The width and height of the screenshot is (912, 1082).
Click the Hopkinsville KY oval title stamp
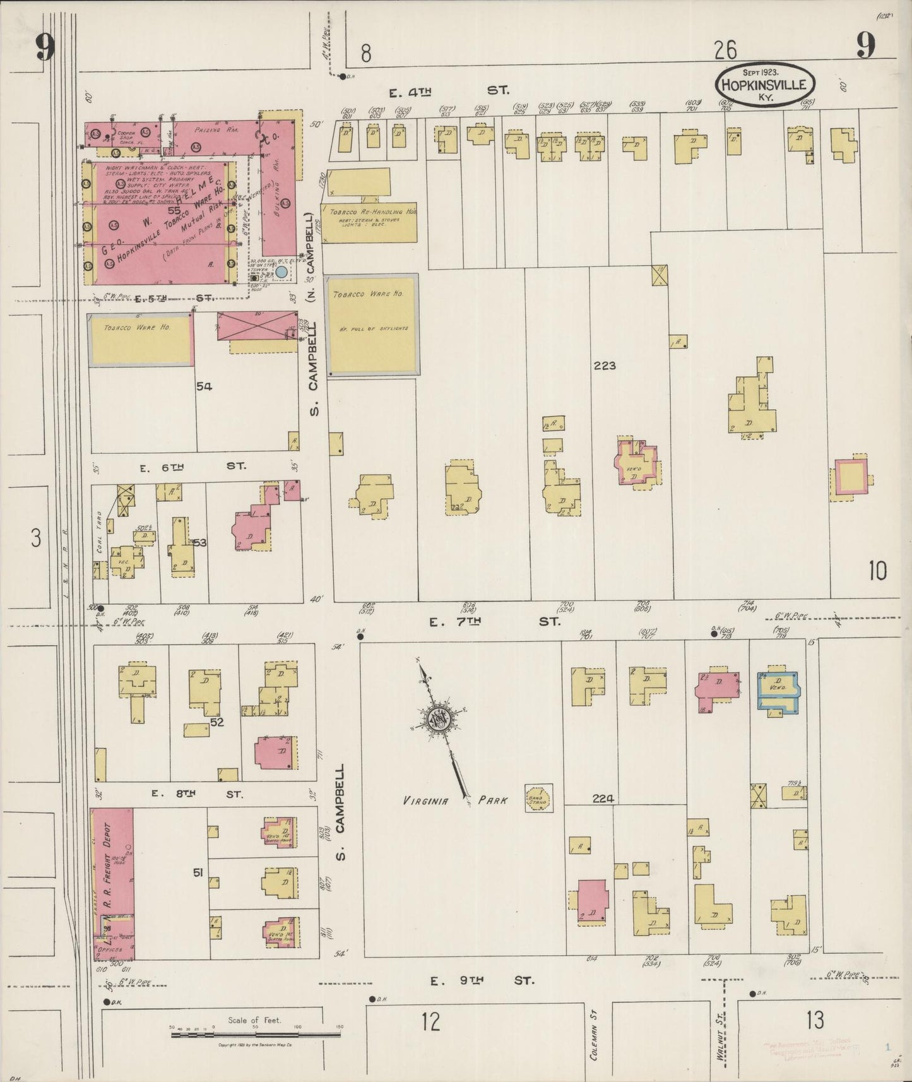point(765,83)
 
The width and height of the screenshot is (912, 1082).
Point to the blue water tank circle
point(281,272)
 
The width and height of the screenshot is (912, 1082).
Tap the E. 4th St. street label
point(448,92)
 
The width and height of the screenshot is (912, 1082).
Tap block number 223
point(604,366)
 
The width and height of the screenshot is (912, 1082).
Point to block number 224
point(603,799)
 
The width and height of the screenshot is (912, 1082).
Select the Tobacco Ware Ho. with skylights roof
point(372,325)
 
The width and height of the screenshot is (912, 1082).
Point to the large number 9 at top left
point(45,47)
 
